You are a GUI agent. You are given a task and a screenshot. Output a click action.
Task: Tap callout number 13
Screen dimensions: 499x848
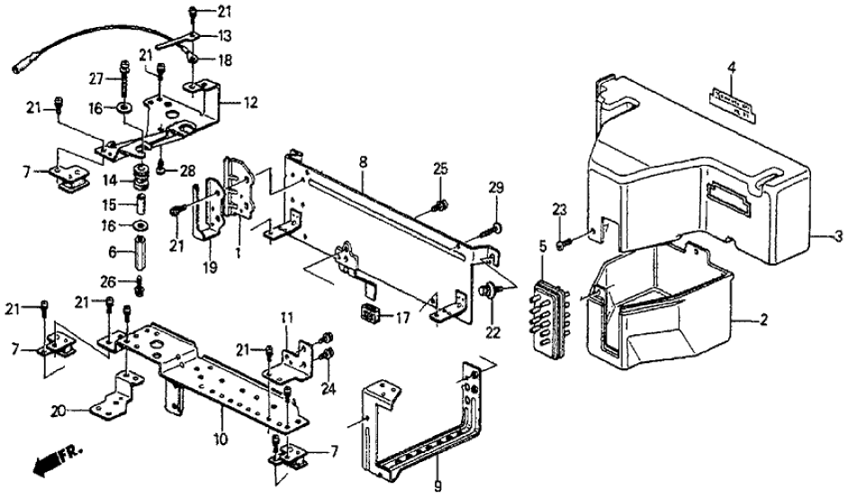(224, 36)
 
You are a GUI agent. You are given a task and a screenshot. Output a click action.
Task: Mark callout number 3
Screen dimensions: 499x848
(838, 238)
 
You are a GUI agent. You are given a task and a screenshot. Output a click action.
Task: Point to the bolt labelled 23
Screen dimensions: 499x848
(561, 242)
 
